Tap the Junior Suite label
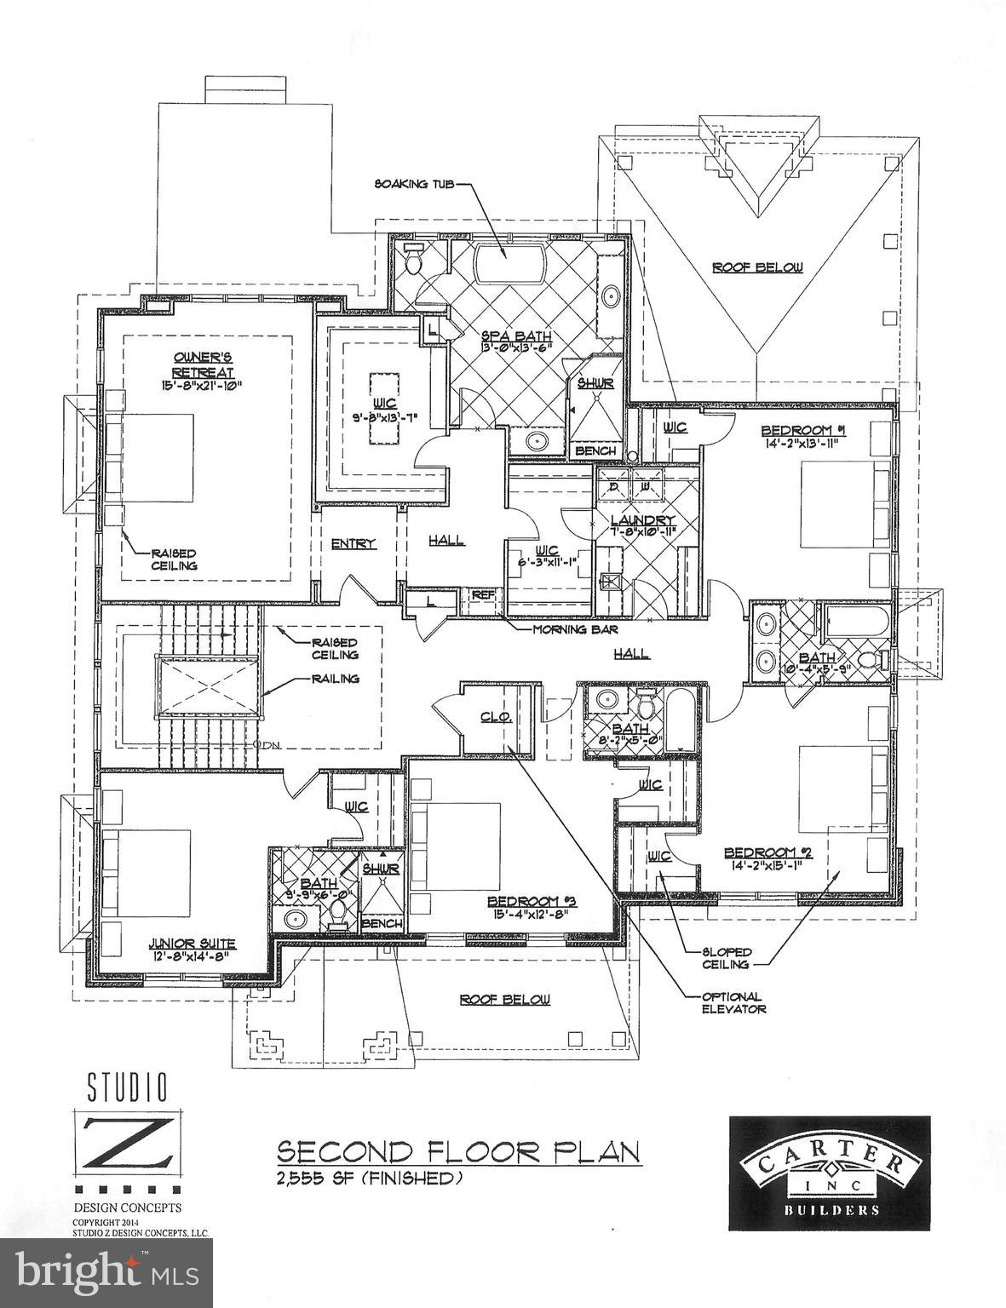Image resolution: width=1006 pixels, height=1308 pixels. [192, 944]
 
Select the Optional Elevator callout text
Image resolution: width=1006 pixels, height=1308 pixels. [733, 1002]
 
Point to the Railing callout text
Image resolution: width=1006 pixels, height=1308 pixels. [335, 679]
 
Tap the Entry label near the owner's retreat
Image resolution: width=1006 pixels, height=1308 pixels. [354, 543]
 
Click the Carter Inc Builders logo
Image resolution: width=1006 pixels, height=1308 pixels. [829, 1172]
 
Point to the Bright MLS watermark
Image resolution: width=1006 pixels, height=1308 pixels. [106, 1273]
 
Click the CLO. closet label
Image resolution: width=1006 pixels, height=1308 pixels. [495, 717]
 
